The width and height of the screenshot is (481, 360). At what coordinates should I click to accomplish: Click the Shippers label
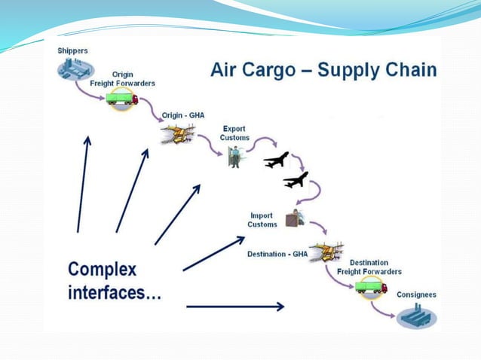coord(72,50)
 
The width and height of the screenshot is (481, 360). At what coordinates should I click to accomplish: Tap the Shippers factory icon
coord(73,70)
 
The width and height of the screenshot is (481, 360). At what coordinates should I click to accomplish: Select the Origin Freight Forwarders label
coord(123,79)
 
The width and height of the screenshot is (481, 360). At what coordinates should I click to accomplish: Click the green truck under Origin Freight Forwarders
coord(123,99)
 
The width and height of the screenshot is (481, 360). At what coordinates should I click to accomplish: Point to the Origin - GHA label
coord(183,115)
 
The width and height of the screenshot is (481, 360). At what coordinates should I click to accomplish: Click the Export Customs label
coord(234,133)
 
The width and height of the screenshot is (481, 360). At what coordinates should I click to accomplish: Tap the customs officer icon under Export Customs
coord(234,157)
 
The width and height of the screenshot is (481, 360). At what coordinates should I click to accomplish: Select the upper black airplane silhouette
coord(276,160)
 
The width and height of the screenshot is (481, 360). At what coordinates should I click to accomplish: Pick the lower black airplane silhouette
coord(296,180)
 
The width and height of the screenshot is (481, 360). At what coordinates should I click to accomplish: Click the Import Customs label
coord(262,220)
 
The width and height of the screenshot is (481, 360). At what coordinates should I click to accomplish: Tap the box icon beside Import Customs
coord(294,218)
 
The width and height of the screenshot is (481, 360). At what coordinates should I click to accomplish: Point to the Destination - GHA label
coord(277,254)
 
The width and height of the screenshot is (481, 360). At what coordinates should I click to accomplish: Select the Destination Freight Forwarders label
coord(375,267)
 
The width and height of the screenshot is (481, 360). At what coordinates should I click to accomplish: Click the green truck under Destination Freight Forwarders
coord(370,286)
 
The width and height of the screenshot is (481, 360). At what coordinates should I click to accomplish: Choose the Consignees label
coord(416,294)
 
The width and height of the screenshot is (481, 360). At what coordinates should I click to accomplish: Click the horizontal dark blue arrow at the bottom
coord(234,307)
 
